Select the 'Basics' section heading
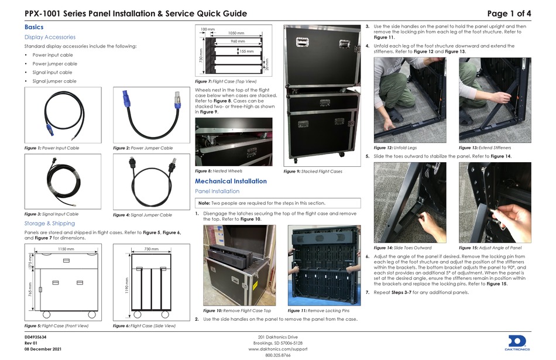click(33, 28)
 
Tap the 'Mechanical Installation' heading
click(231, 181)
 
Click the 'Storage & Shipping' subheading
click(50, 224)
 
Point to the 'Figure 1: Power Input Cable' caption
click(52, 148)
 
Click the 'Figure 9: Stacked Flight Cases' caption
click(313, 172)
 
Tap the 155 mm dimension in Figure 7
click(246, 52)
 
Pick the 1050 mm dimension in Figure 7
click(236, 33)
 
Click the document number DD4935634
click(36, 338)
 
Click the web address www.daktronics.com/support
click(277, 348)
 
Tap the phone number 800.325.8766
click(277, 355)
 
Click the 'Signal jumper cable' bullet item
click(54, 81)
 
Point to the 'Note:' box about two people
click(277, 203)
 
